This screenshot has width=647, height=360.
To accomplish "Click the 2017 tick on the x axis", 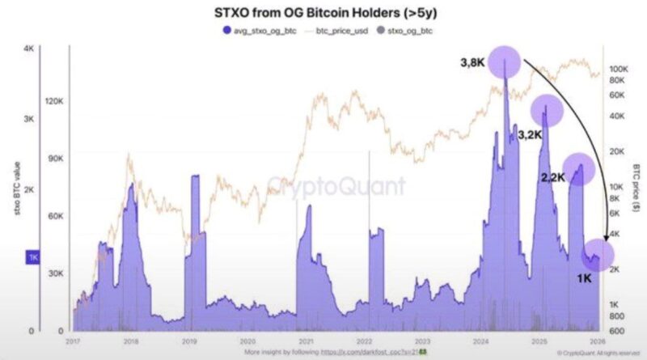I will coord(72,342).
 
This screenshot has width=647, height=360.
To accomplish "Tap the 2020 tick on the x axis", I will coord(247,342).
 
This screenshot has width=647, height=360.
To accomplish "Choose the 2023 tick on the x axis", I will coord(423,342).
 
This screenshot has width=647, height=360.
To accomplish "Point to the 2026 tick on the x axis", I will coord(597,342).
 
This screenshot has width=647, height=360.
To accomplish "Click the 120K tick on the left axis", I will coord(53,102).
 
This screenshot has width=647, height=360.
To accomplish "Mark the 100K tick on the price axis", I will coord(620,69).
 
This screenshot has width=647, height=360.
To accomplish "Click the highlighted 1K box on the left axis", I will coord(34,257).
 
